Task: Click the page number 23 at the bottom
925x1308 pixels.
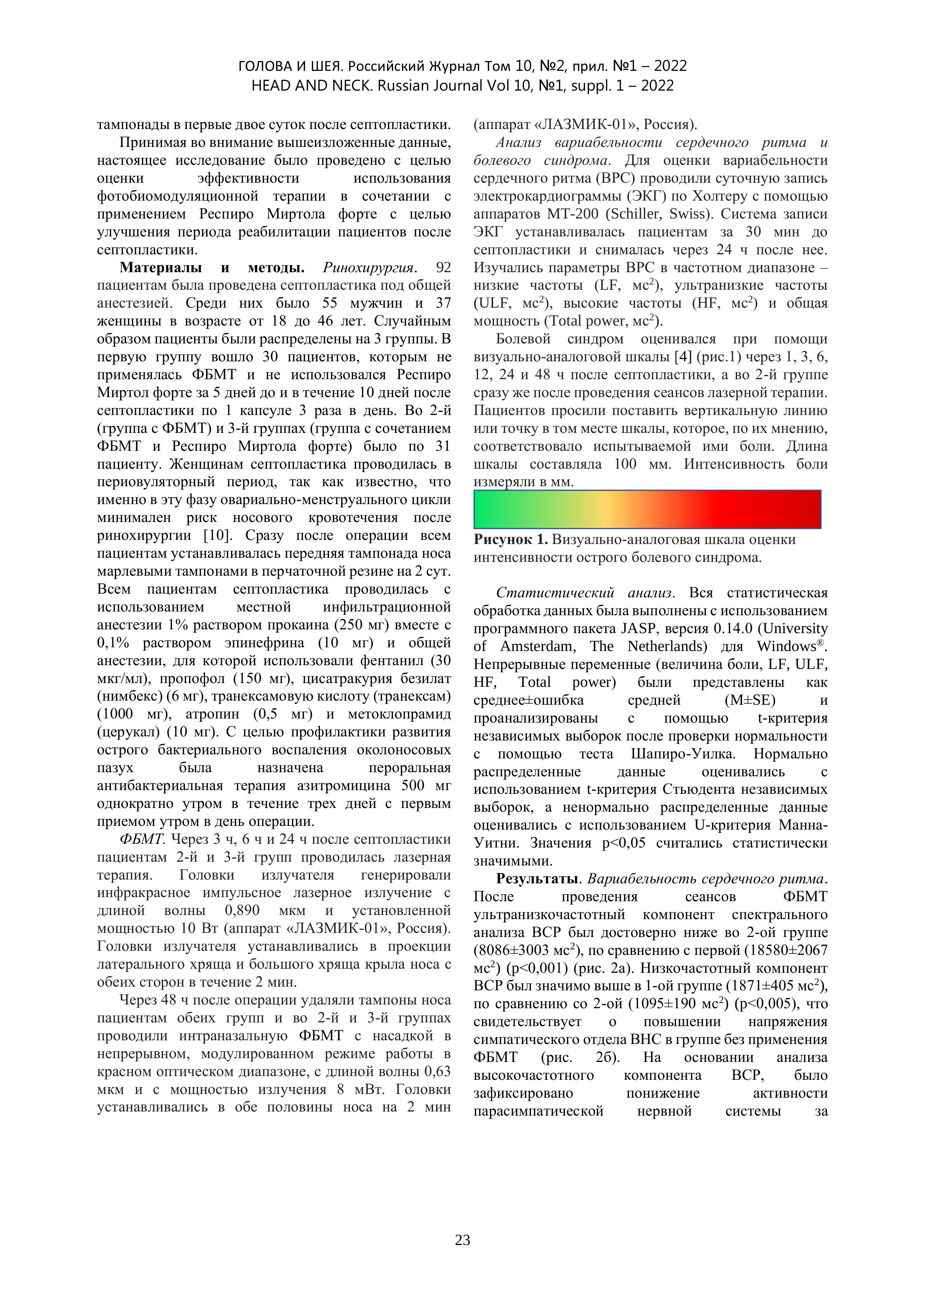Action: (462, 1240)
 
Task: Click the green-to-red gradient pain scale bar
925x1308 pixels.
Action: (647, 509)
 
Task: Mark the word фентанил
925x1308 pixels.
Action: (394, 661)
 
